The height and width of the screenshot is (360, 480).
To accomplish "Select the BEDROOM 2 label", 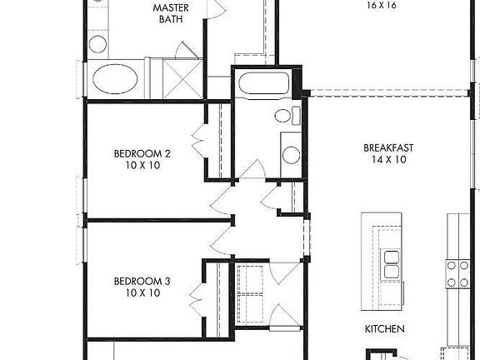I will point(142,153).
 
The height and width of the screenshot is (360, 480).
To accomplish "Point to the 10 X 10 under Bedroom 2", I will point(142,166).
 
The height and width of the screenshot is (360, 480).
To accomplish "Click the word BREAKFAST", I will point(388,148).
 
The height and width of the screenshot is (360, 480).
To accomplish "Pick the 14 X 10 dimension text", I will point(388,160).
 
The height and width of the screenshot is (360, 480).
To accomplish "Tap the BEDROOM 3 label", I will point(142,282).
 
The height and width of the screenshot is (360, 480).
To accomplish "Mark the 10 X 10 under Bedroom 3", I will point(142,293).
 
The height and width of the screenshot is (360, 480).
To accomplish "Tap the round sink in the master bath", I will point(97,45).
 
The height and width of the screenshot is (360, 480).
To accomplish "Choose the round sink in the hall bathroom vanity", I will point(291,154).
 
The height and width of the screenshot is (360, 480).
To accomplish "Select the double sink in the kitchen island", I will point(391,263).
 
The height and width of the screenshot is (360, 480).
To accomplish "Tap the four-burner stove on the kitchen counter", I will point(457,273).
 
